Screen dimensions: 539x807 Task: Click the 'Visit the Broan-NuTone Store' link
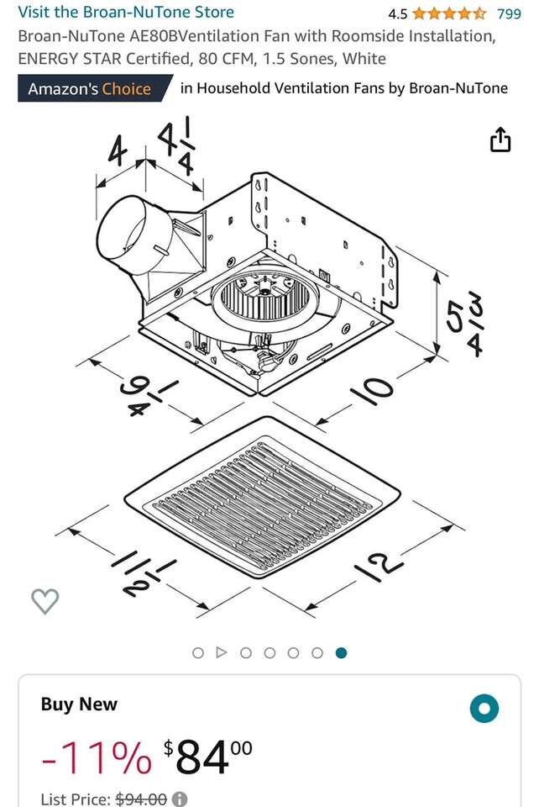(126, 12)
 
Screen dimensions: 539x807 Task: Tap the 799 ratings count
(509, 13)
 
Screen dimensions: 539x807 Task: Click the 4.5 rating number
(398, 14)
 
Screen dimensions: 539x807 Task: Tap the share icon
(500, 140)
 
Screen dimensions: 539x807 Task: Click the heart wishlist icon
(45, 600)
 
